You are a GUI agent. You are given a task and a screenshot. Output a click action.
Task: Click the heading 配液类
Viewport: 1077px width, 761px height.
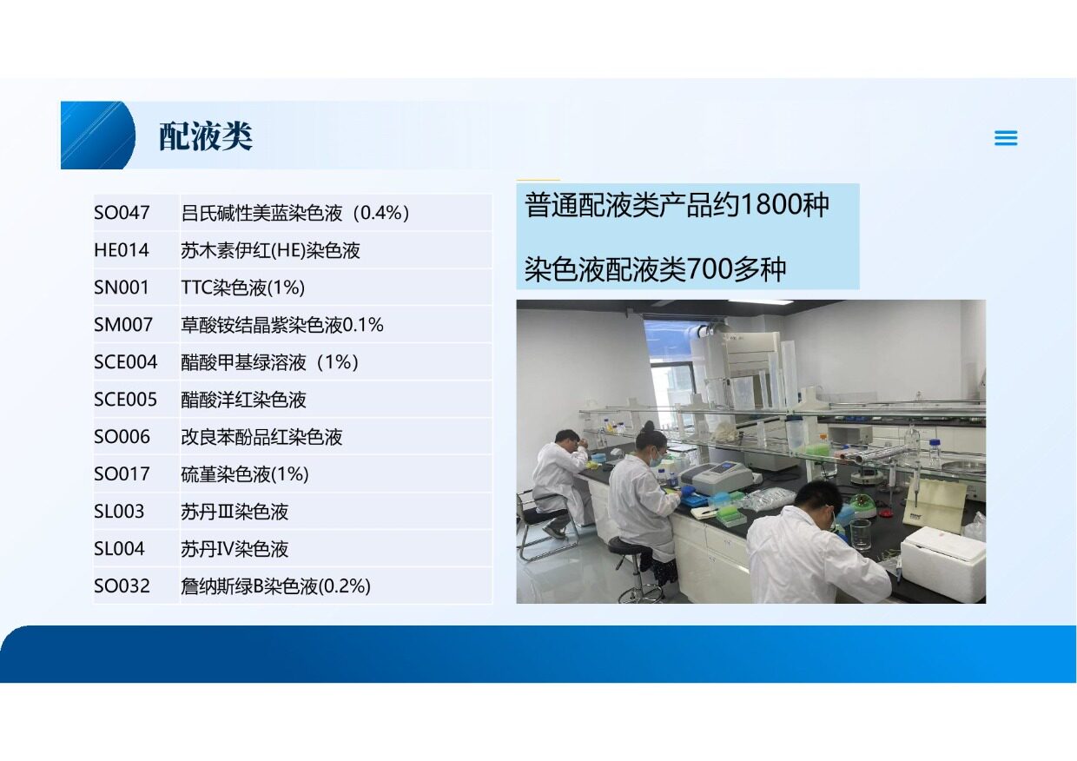[206, 136]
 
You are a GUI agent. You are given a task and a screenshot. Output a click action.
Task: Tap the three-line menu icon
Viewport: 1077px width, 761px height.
[1006, 138]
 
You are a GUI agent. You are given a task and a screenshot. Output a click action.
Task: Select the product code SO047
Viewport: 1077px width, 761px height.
[122, 213]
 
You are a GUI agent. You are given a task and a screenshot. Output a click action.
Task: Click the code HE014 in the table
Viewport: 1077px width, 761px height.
[122, 250]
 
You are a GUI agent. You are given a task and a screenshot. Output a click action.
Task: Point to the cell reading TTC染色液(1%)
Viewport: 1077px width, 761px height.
[243, 288]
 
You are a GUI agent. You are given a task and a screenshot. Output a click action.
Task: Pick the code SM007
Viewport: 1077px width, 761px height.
[123, 325]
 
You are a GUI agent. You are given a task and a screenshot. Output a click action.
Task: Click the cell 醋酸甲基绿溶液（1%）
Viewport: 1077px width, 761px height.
[270, 362]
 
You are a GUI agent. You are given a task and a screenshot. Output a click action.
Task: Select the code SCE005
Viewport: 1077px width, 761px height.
[125, 400]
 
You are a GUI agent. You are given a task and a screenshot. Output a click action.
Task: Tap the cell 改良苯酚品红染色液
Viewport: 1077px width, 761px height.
[261, 437]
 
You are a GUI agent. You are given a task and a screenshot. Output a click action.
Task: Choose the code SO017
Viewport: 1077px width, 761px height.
[122, 474]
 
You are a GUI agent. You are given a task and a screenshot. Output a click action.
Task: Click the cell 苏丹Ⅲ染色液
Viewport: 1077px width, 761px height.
[235, 512]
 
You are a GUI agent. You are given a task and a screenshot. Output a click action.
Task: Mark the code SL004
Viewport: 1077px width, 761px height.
[119, 549]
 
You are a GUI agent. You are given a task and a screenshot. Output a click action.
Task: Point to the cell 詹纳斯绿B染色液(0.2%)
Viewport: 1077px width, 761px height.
[275, 586]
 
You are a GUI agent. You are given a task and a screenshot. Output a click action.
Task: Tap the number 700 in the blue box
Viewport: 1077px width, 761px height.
[710, 269]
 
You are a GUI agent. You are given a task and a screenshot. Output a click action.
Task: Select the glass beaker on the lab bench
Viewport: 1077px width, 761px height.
[860, 534]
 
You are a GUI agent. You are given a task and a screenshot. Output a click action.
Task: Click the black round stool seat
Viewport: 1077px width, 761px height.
[630, 546]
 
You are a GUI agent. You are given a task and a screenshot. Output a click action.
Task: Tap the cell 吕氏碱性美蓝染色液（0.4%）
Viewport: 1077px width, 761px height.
[294, 213]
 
